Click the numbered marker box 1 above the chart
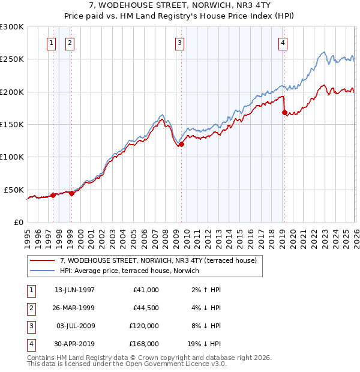52,43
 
